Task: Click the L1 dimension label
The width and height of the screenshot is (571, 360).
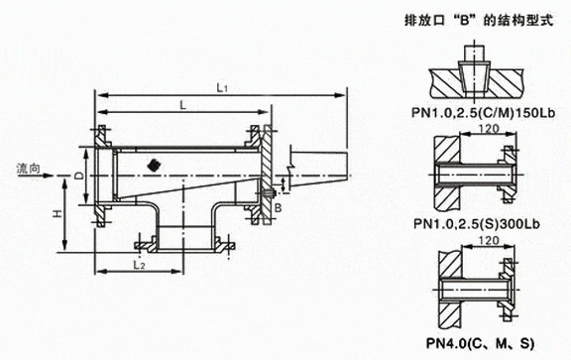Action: (x=222, y=88)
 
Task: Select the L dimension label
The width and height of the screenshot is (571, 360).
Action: (x=183, y=105)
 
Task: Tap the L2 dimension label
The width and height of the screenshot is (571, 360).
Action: (x=139, y=265)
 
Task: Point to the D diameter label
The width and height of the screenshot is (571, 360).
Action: (x=79, y=176)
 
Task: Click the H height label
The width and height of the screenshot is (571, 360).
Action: (x=57, y=214)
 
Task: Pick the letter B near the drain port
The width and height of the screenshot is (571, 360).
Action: (x=278, y=207)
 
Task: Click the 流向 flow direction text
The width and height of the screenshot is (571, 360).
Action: (x=28, y=169)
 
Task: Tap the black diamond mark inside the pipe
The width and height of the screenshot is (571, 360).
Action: (x=155, y=165)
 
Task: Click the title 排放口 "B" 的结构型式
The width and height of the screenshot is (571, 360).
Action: (x=479, y=20)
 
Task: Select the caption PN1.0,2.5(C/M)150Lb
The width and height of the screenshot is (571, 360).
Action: (x=483, y=113)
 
